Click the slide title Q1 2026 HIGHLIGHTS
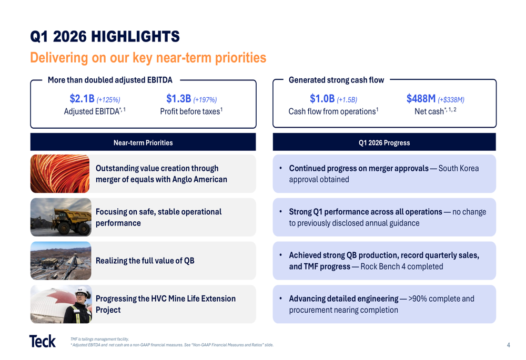click(x=105, y=36)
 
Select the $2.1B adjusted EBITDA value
click(x=82, y=99)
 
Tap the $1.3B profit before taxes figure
click(x=178, y=99)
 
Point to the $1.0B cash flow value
click(x=322, y=99)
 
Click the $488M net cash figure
click(x=421, y=99)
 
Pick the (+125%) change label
click(x=109, y=100)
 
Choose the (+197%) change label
click(x=205, y=100)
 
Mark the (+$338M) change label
click(x=451, y=100)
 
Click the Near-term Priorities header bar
click(x=143, y=142)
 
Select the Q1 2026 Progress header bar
click(x=384, y=142)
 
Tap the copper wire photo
click(x=60, y=173)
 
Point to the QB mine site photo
click(x=60, y=261)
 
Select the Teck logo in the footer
click(x=43, y=341)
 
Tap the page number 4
click(x=508, y=345)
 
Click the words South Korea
click(x=459, y=169)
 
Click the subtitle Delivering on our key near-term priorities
click(x=148, y=57)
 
